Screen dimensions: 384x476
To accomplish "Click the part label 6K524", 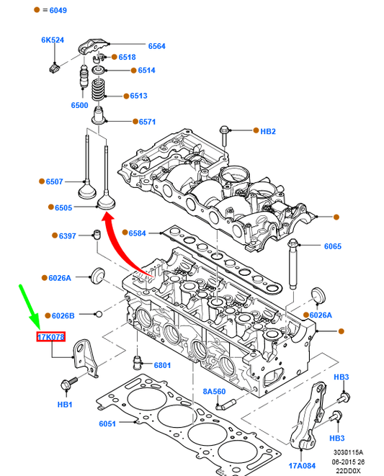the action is tap(53, 40).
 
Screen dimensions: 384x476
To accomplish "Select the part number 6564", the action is tap(157, 46).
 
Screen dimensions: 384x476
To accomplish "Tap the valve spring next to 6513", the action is tap(98, 90).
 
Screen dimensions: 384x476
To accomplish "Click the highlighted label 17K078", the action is tap(51, 337).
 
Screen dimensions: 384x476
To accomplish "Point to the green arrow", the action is tap(30, 307).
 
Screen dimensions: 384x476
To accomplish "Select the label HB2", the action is tap(268, 131).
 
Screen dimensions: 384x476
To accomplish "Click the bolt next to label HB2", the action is tap(224, 137).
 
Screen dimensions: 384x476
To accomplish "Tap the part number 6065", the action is tap(333, 246).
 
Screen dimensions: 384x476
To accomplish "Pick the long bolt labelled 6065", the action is tap(293, 264).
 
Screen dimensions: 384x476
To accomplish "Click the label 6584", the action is tap(138, 233).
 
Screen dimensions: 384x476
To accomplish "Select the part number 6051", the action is tap(107, 423).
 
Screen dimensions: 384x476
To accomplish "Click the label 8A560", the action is tap(214, 391).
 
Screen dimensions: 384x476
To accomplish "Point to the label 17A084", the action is tap(302, 465).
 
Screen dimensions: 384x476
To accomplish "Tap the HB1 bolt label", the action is tap(65, 405).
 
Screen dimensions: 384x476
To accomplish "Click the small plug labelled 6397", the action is tap(97, 235).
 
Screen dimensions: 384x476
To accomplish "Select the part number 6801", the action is tap(162, 365).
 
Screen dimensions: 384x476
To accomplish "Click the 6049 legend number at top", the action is tap(58, 10).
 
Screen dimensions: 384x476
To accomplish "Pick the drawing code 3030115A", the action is tap(348, 452).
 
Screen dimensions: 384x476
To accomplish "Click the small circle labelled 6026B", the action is tap(99, 314).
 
